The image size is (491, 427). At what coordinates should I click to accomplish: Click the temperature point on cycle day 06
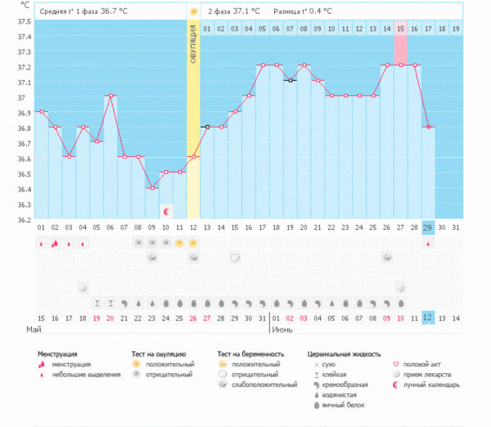(x=110, y=96)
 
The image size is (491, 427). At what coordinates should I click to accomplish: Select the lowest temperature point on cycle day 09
(x=151, y=188)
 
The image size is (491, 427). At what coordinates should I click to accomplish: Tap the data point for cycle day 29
(x=427, y=127)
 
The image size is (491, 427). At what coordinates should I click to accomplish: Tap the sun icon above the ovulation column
(x=193, y=12)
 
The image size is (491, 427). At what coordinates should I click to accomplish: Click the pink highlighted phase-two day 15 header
(x=400, y=29)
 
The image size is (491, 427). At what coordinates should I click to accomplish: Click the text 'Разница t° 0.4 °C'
(x=304, y=12)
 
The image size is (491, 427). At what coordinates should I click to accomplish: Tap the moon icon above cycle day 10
(x=166, y=211)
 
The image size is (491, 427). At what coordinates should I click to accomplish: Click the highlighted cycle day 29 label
(x=427, y=227)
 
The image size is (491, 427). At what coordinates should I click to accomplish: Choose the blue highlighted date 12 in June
(x=427, y=317)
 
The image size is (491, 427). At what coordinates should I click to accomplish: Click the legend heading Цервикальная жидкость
(x=344, y=354)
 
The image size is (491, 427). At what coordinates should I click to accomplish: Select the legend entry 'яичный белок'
(x=345, y=404)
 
